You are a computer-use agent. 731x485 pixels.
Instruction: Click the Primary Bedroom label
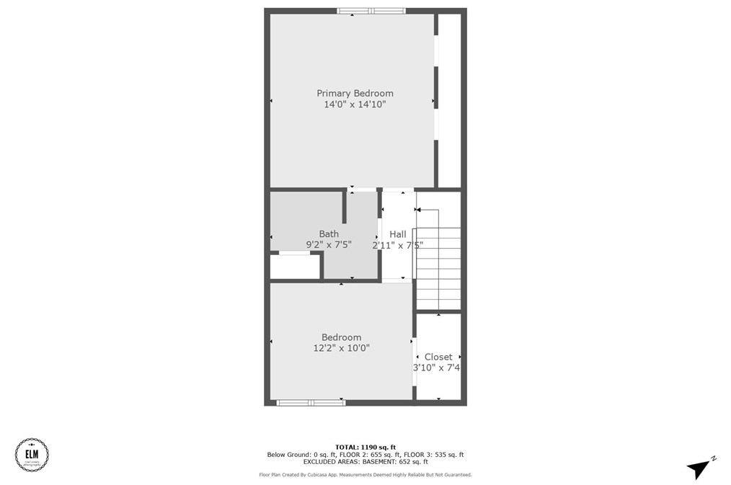coord(355,93)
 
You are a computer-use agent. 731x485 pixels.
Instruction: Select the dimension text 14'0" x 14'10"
coord(355,104)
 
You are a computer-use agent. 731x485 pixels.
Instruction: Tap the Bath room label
coord(329,233)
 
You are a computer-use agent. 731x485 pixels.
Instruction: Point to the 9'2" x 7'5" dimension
coord(329,245)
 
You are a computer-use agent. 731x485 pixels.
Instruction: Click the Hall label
coord(397,234)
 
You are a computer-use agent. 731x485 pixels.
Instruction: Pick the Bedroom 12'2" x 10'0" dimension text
coord(341,349)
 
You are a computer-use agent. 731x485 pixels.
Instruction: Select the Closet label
coord(438,357)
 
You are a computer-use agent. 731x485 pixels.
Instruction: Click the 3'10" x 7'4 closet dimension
coord(437,368)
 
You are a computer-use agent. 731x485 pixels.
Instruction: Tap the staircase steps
coord(438,267)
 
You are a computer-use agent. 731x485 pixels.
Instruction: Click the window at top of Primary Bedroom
coord(371,11)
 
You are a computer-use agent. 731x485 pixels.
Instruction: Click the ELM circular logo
coord(32,454)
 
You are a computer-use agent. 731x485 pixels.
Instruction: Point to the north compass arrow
coord(699,469)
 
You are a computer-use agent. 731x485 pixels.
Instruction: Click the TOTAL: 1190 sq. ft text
coord(365,448)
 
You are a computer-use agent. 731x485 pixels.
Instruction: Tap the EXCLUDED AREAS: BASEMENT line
coord(365,462)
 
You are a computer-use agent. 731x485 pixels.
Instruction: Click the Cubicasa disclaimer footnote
coord(365,475)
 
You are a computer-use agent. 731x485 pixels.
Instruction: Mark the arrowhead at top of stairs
coord(417,210)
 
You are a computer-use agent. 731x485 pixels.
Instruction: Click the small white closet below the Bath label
coord(294,266)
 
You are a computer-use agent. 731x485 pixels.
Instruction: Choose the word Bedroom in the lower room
coord(341,337)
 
